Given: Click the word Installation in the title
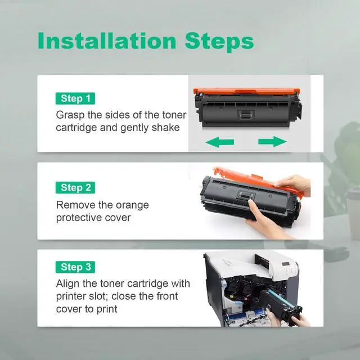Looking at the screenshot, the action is (x=107, y=41).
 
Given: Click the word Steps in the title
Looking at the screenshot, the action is (x=219, y=42).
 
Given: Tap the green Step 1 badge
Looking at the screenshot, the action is (x=75, y=98).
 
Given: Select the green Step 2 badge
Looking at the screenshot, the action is (x=75, y=187).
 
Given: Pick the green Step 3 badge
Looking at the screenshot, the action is (x=75, y=267).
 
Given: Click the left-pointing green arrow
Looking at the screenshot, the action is (x=220, y=142).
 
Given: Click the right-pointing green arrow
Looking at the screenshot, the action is (x=272, y=141).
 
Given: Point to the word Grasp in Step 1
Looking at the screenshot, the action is (x=70, y=115).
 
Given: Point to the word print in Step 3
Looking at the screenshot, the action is (x=107, y=309).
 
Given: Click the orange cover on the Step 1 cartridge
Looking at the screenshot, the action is (x=247, y=91).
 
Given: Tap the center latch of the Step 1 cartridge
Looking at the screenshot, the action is (x=246, y=114).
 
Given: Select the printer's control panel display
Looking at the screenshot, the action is (x=285, y=264).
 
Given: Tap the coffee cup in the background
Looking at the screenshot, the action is (x=353, y=211).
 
